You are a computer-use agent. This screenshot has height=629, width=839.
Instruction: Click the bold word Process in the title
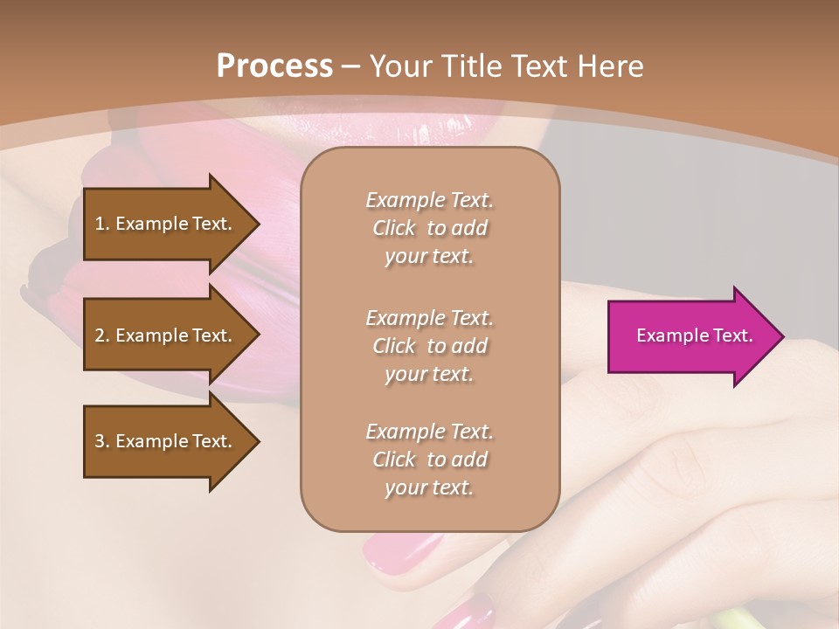click(x=274, y=66)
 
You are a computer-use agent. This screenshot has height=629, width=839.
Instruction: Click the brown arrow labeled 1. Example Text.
click(x=166, y=224)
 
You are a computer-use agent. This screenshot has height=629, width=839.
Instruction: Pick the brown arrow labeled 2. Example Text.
click(x=166, y=335)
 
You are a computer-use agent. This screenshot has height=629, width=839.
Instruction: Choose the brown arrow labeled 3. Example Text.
click(x=166, y=441)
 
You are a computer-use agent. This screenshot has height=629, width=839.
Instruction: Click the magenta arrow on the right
click(x=690, y=335)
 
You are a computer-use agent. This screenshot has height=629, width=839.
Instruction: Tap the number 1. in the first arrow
click(x=102, y=224)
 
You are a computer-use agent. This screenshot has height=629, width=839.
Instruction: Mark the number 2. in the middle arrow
click(x=102, y=335)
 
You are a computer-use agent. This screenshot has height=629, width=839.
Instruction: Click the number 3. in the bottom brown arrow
click(x=102, y=441)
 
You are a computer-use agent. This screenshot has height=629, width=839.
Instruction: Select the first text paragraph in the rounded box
click(x=429, y=228)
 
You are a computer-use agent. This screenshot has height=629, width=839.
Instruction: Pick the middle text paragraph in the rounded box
click(x=429, y=346)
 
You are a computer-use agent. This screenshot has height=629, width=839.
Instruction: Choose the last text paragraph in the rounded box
click(x=429, y=460)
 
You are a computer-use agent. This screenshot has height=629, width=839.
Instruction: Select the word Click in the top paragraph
click(x=394, y=228)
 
